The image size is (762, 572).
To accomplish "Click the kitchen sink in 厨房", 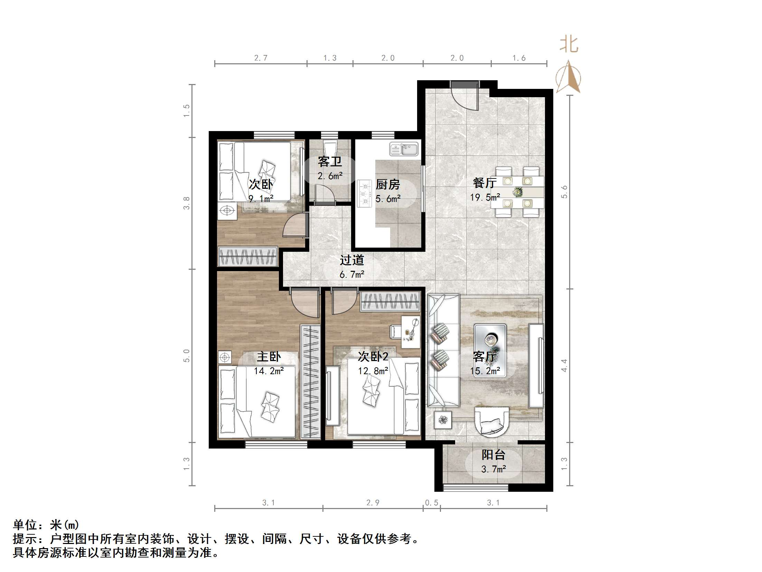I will pos(404,149).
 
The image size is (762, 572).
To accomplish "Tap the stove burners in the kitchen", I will pos(364,194).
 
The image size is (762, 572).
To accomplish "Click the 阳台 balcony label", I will pos(493,455).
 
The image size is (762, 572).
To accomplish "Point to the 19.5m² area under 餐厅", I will pos(485,197).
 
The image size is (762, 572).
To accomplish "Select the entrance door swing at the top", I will pos(465,99).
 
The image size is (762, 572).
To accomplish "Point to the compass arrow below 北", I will pos(568,77).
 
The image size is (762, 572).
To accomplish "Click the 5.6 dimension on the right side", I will pos(564,192).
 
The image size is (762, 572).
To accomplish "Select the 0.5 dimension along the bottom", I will pos(431,502).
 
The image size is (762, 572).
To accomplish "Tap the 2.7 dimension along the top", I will pos(261,58).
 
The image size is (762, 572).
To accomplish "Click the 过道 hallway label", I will pos(352,260).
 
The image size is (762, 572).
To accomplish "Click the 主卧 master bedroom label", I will pos(269,357).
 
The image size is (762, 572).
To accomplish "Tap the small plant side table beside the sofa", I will pos(443,420).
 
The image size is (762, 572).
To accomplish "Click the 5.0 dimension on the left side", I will pos(187,356).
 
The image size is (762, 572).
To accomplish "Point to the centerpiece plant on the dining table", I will pos(517,192).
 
